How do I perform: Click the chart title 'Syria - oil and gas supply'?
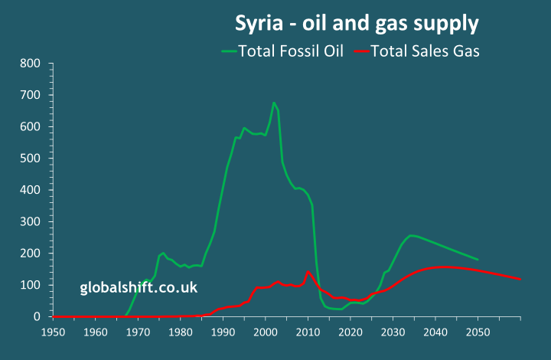pos(356,24)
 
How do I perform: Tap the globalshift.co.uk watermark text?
pos(139,288)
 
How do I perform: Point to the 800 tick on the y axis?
pos(31,64)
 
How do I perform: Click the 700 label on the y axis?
pos(31,95)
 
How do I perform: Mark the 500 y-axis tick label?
pos(31,159)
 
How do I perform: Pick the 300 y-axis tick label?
pos(31,222)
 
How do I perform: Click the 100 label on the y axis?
pos(31,285)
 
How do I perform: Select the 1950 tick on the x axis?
pos(53,332)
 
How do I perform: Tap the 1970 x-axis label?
pos(138,332)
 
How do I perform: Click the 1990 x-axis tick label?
pos(223,332)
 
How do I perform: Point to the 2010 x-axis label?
pos(308,332)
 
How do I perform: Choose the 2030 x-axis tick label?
pos(393,332)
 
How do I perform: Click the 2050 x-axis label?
pos(478,332)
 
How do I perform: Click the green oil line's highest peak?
pos(274,103)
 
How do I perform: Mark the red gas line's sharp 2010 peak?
pos(308,272)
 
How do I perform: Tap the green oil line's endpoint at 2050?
pos(478,260)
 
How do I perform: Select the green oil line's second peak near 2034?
pos(411,235)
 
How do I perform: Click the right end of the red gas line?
pos(520,279)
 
